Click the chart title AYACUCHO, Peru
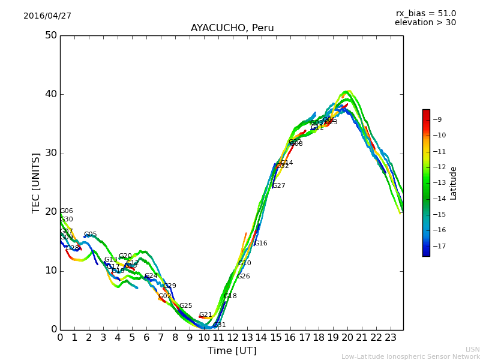(x=232, y=28)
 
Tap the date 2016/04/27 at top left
(x=47, y=16)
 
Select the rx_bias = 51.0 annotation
(x=425, y=14)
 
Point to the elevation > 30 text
(x=425, y=23)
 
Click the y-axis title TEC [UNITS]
(x=37, y=182)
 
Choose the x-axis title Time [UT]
(x=232, y=351)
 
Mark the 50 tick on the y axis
(x=51, y=35)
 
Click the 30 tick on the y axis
(x=51, y=153)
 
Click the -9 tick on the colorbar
(x=437, y=119)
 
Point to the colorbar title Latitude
(x=454, y=183)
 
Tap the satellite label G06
(x=67, y=211)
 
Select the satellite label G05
(x=91, y=235)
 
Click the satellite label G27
(x=279, y=186)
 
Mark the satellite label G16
(x=261, y=244)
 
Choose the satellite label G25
(x=186, y=306)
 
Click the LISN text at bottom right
(x=472, y=349)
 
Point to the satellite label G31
(x=220, y=325)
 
